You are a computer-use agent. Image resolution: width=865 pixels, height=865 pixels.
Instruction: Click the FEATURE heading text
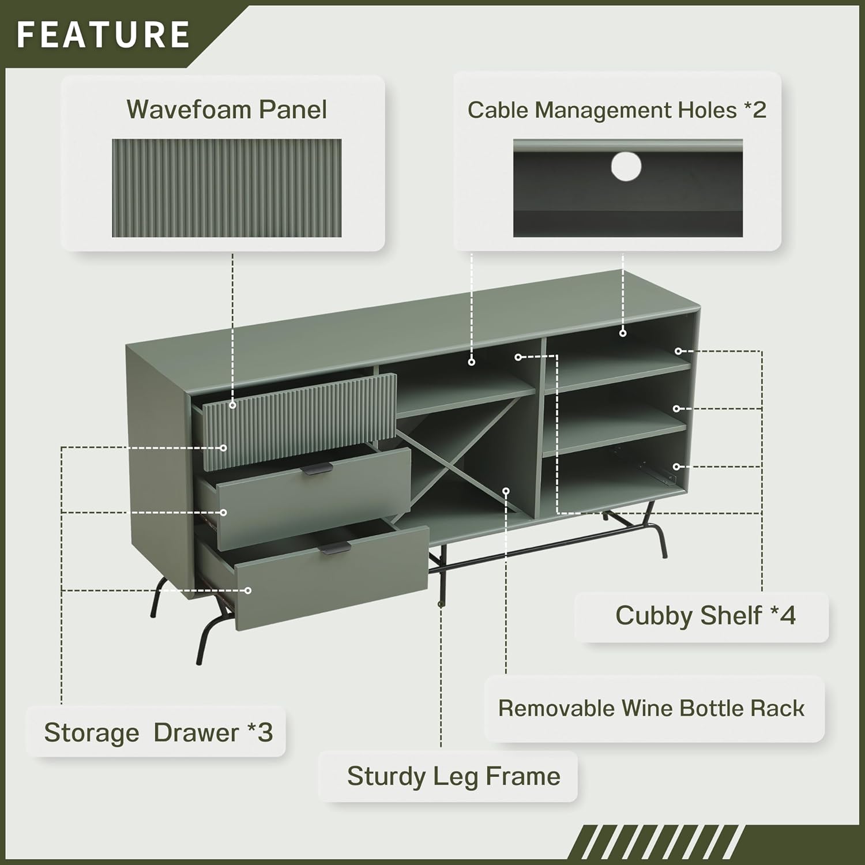point(103,34)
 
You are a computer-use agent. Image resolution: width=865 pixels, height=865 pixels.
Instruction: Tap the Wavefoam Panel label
point(227,110)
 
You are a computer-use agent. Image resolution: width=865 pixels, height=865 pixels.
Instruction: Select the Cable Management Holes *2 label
point(616,110)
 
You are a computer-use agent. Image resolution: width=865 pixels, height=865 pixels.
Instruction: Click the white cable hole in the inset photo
point(626,167)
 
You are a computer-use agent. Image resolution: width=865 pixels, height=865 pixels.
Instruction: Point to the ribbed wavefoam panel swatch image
point(227,188)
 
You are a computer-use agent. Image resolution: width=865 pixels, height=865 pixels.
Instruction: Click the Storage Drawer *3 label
point(158,732)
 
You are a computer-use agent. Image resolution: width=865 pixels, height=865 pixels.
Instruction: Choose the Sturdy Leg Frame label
point(453,776)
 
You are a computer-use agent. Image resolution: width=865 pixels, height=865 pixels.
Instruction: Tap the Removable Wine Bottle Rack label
point(651,708)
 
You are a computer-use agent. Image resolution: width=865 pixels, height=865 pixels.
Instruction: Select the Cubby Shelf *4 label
point(705,615)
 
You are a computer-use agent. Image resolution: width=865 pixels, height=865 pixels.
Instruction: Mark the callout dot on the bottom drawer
point(248,591)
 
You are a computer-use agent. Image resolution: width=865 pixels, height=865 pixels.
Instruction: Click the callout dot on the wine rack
point(506,491)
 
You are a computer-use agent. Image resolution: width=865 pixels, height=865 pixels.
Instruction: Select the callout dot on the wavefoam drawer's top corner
point(232,405)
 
